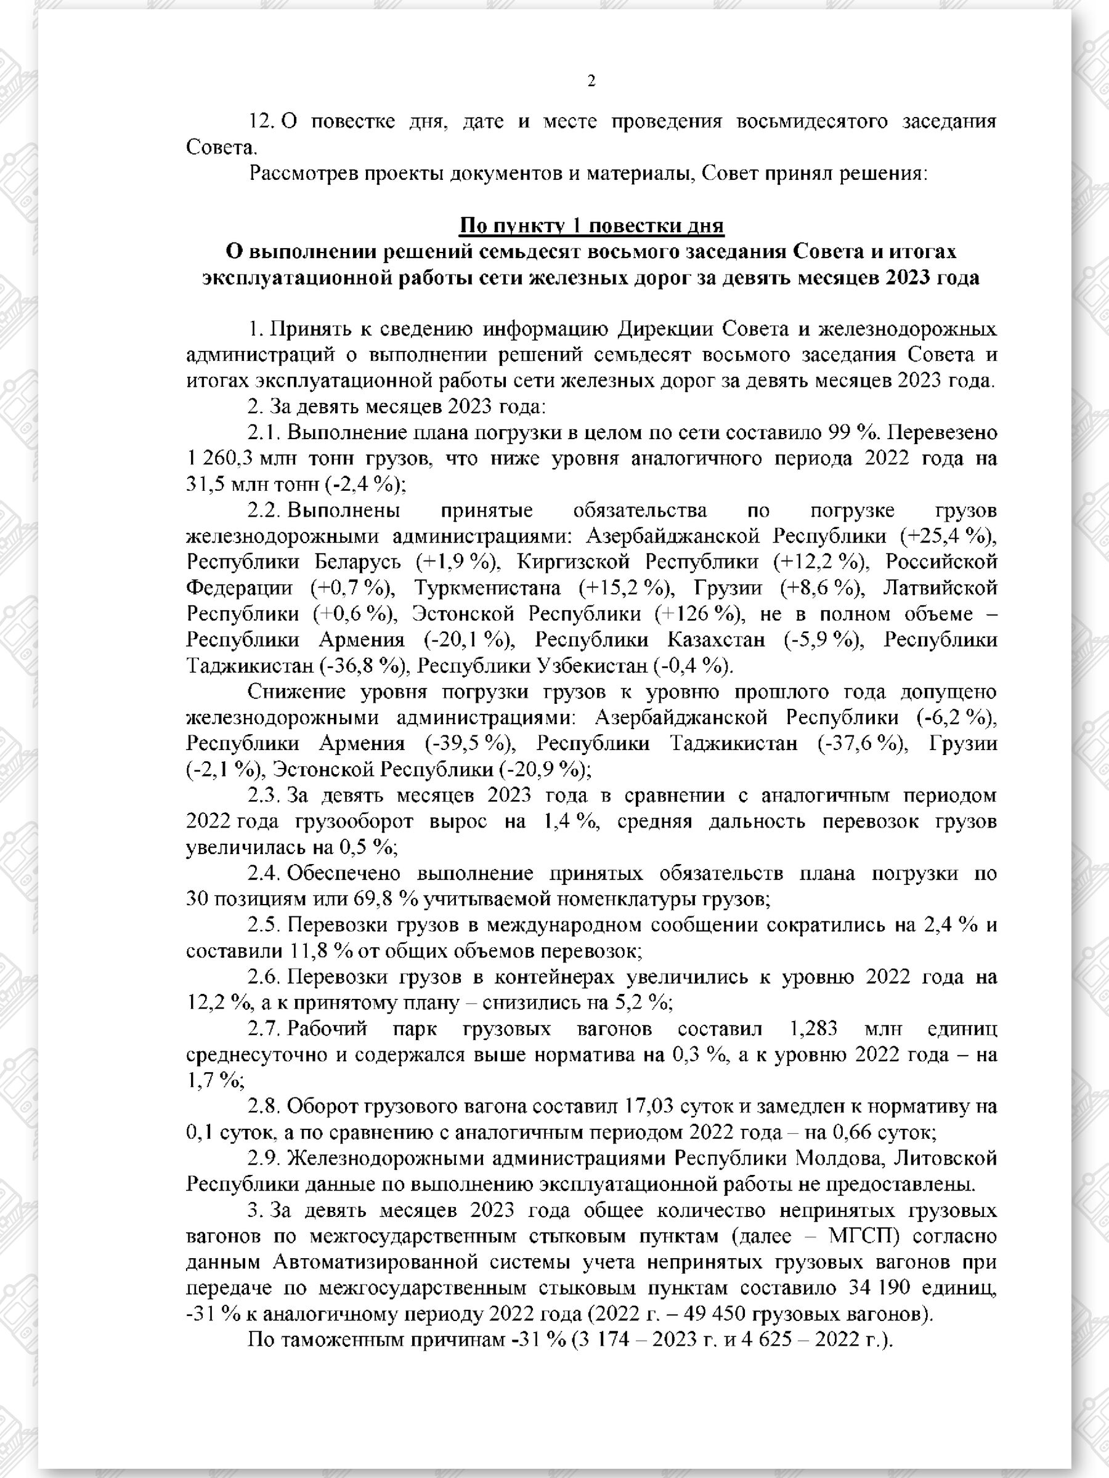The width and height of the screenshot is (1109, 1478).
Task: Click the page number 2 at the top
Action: (x=591, y=81)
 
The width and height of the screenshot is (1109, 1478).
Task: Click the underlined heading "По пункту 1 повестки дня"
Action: (x=591, y=226)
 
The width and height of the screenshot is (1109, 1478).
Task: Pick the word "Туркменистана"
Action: (x=487, y=588)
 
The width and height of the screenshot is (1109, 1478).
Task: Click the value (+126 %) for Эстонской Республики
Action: (x=698, y=614)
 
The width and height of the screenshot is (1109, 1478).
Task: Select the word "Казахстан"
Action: (x=716, y=640)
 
